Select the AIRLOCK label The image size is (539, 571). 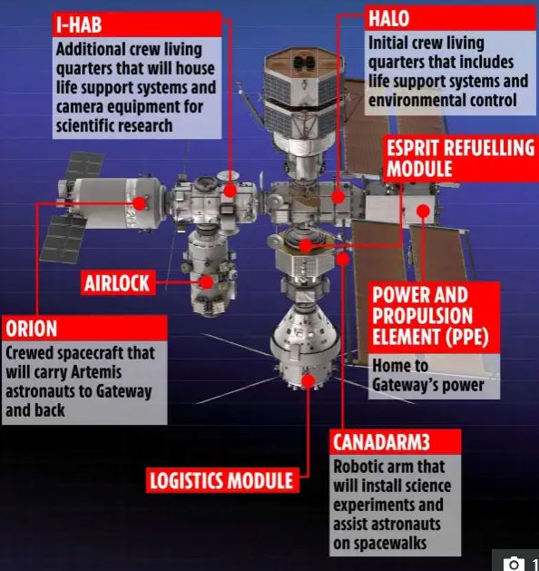point(118,282)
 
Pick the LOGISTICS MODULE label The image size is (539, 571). point(222,480)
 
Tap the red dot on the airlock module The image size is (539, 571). point(207,282)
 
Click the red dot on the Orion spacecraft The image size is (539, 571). point(140,203)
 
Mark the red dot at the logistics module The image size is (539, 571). point(309,381)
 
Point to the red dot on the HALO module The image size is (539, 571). point(338,197)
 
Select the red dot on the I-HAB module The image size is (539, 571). point(230,191)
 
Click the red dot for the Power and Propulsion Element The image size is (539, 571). point(423,211)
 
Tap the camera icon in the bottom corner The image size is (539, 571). point(514,564)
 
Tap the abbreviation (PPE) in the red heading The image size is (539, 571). point(468,336)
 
